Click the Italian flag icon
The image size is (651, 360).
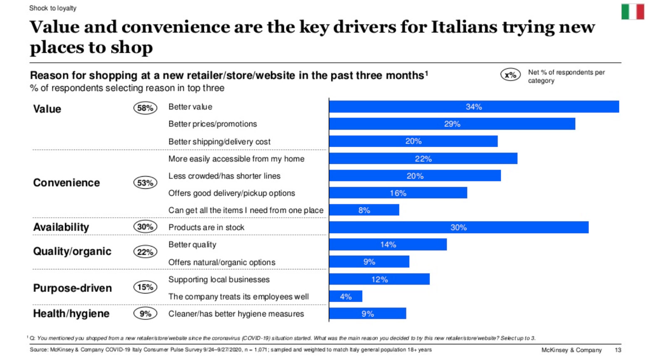coord(632,12)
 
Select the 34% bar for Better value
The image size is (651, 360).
coord(474,107)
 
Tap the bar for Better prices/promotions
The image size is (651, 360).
coord(452,124)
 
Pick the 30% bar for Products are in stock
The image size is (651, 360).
coord(458,227)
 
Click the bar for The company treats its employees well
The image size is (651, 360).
coord(345,296)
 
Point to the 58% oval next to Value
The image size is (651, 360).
coord(145,108)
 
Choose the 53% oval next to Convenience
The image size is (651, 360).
coord(145,182)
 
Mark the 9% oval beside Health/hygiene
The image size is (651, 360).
coord(145,313)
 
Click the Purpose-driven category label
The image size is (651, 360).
coord(72,288)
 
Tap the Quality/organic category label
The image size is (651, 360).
coord(72,251)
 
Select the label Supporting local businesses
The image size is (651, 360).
coord(219,279)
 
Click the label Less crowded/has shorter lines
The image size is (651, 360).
coord(224,176)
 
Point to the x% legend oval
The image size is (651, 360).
coord(510,75)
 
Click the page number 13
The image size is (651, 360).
coord(618,350)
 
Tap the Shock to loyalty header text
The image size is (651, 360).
coord(53,8)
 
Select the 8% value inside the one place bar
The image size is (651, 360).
coord(364,210)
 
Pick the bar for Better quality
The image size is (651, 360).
coord(388,244)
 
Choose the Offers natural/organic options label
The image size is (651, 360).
coord(222,262)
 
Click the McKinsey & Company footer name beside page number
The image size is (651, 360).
coord(571,350)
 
